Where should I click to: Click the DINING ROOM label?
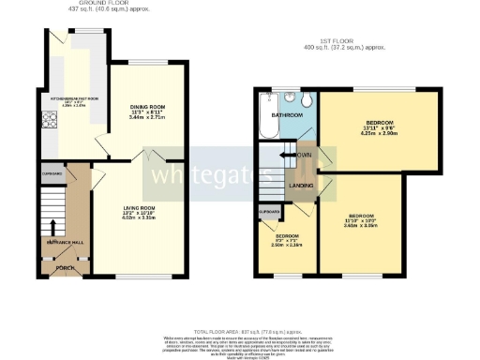tap(146, 108)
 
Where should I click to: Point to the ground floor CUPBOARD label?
tap(52, 174)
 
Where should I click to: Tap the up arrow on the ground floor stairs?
tap(52, 227)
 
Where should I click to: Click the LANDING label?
tap(301, 186)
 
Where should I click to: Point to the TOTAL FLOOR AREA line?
tap(239, 333)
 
